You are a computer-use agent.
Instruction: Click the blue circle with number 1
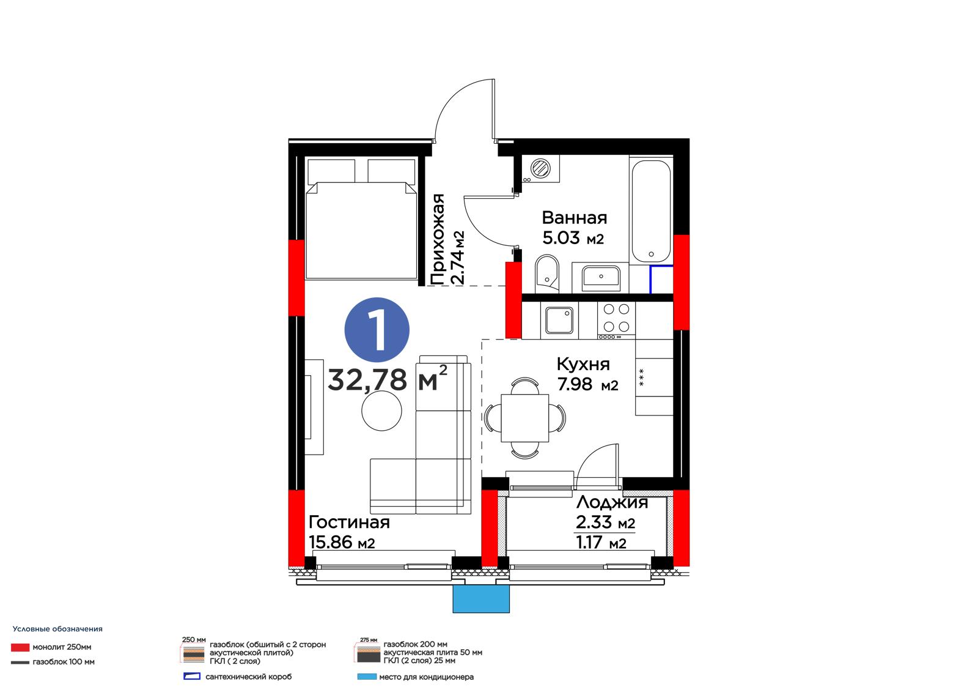pyautogui.click(x=377, y=330)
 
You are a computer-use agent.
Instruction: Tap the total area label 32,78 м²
pyautogui.click(x=388, y=379)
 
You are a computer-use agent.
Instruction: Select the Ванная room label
pyautogui.click(x=574, y=217)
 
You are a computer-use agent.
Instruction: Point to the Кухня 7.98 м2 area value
pyautogui.click(x=587, y=384)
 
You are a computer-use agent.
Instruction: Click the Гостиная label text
pyautogui.click(x=349, y=522)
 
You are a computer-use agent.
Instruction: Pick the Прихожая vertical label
pyautogui.click(x=437, y=239)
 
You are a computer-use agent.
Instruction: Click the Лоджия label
pyautogui.click(x=612, y=502)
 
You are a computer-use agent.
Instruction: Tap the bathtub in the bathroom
pyautogui.click(x=650, y=211)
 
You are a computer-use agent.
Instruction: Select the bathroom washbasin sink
pyautogui.click(x=601, y=278)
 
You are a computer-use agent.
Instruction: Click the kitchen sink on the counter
pyautogui.click(x=559, y=321)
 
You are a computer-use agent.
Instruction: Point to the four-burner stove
pyautogui.click(x=616, y=320)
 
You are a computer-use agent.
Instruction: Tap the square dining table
pyautogui.click(x=524, y=418)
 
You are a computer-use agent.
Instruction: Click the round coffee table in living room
pyautogui.click(x=381, y=411)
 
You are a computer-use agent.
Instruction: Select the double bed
pyautogui.click(x=361, y=218)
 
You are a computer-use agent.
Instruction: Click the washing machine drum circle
pyautogui.click(x=540, y=168)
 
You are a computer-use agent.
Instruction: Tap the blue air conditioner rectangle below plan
pyautogui.click(x=480, y=598)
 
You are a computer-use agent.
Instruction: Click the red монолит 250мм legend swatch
pyautogui.click(x=20, y=647)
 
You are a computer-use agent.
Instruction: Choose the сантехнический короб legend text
pyautogui.click(x=248, y=677)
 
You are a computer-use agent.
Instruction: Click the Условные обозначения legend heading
pyautogui.click(x=57, y=629)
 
